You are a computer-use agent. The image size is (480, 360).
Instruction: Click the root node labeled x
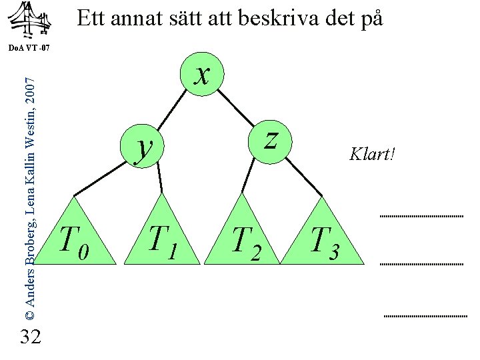200,74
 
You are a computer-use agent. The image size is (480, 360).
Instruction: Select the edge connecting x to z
236,107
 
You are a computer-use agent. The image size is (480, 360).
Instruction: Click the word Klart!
372,155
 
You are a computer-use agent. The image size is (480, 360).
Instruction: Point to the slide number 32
31,337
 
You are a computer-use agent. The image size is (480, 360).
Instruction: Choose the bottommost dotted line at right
426,315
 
